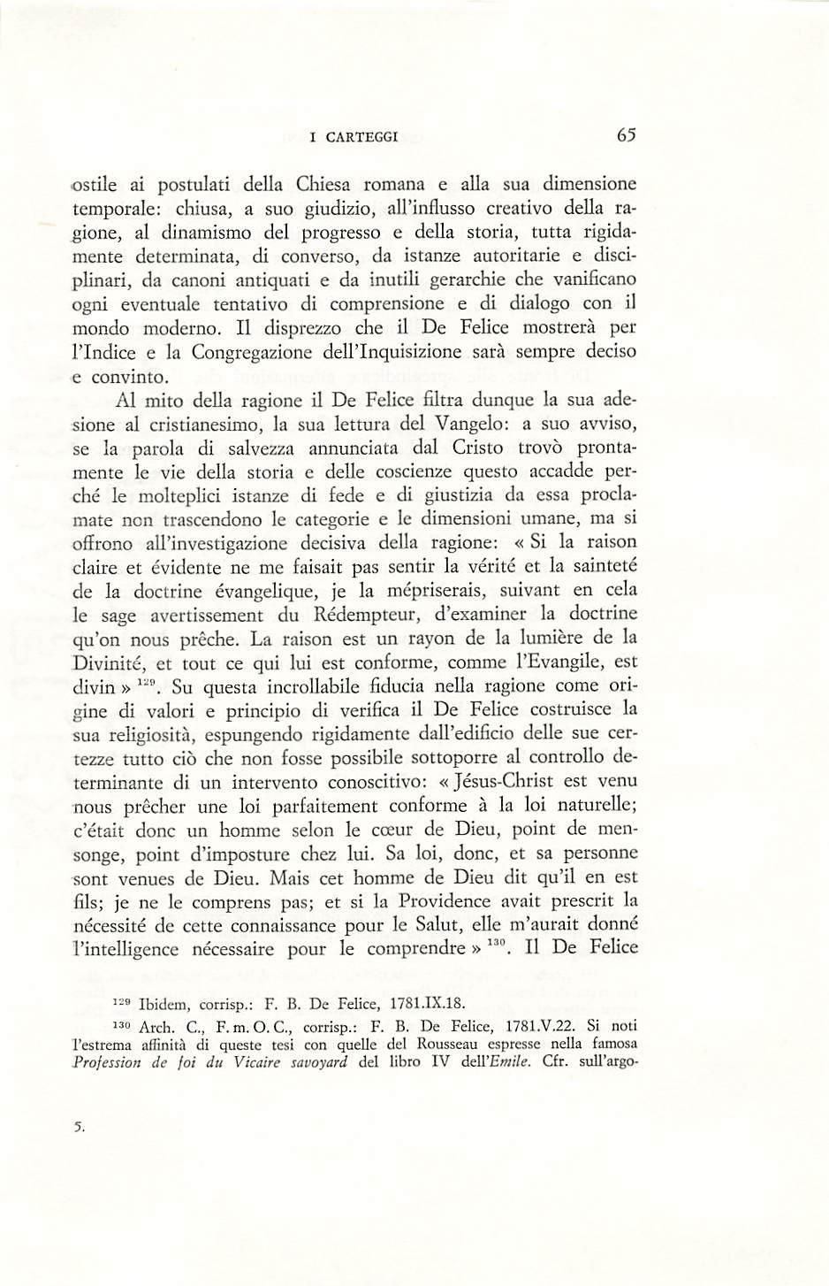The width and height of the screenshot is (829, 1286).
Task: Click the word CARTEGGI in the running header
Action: coord(361,137)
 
